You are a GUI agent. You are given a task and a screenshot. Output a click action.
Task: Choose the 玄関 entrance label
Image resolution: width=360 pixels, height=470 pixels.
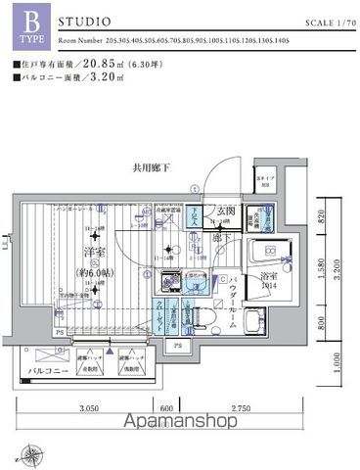point(224,211)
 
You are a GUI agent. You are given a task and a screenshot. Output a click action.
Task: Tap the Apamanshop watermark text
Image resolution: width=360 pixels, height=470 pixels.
point(180,422)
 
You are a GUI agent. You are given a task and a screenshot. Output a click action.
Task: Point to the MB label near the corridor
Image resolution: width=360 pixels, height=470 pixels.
point(264,182)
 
